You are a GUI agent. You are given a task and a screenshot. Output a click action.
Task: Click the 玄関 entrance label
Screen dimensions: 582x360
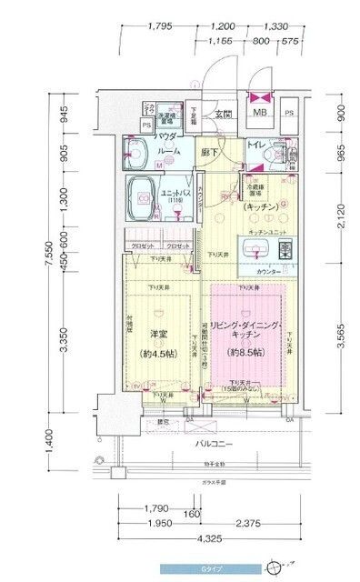pyautogui.click(x=224, y=114)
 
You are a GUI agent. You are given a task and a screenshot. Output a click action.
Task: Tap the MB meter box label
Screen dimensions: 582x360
pyautogui.click(x=260, y=114)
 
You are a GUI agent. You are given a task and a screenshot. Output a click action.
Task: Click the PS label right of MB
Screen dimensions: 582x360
pyautogui.click(x=289, y=114)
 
